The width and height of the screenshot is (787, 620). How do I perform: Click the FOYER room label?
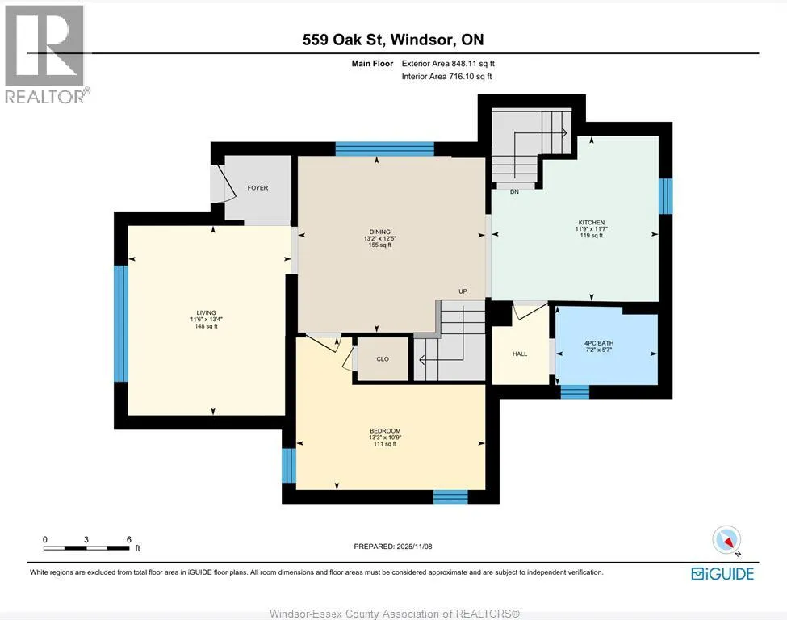point(257,188)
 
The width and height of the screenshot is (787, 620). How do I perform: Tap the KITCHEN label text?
point(591,222)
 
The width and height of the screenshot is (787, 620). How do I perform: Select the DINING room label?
point(380,232)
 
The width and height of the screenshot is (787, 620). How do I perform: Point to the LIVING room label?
point(207,312)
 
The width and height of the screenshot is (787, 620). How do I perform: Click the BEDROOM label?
point(385,431)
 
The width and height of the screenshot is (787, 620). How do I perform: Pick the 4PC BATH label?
point(599,343)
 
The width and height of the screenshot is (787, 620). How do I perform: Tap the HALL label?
point(520,354)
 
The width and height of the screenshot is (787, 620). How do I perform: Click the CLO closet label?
point(383,359)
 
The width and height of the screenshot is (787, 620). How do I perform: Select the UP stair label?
point(463,291)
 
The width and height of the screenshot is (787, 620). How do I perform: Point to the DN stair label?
point(514,192)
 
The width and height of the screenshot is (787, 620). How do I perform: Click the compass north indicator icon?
point(726,541)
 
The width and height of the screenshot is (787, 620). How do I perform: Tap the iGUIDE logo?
point(722,574)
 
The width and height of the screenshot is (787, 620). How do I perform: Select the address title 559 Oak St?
point(344,40)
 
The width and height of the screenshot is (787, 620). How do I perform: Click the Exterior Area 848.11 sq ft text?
point(448,63)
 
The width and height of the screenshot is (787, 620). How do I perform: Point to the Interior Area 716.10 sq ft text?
point(446,77)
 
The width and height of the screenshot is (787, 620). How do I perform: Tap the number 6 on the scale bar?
point(129,540)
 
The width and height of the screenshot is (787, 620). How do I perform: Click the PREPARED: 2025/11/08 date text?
point(393,547)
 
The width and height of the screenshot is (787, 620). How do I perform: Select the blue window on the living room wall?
point(121,324)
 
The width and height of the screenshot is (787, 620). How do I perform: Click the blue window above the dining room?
point(384,149)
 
